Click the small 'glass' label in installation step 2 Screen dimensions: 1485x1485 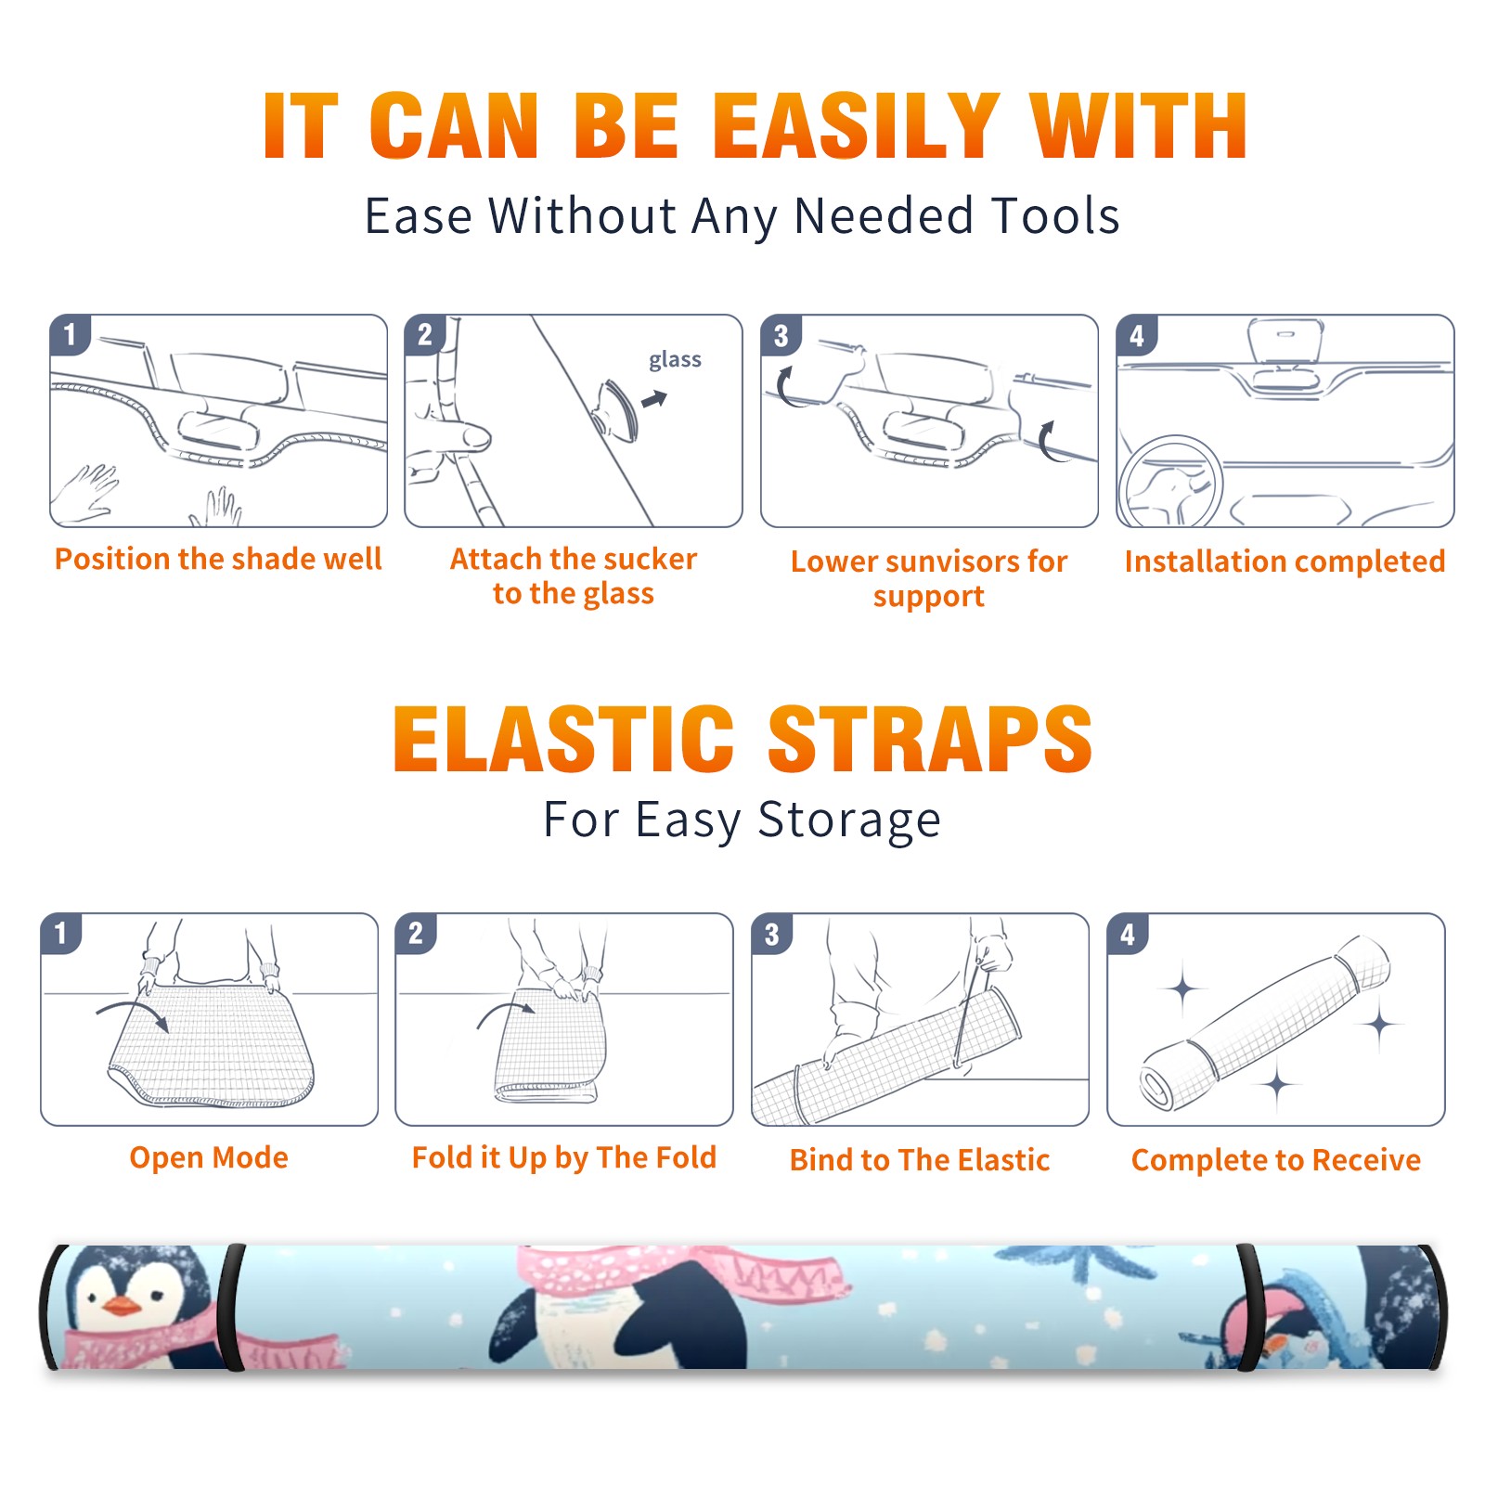pos(675,360)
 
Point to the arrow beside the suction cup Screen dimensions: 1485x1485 pos(654,399)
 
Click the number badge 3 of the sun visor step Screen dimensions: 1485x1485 pos(781,335)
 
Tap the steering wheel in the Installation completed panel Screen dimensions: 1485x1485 pos(1170,482)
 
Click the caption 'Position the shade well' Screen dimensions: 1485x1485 pos(218,559)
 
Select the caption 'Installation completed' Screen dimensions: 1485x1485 pos(1285,562)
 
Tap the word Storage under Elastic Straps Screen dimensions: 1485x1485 pos(849,820)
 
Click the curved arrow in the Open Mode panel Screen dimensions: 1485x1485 pos(133,1014)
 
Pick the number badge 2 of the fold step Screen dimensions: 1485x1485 pos(415,934)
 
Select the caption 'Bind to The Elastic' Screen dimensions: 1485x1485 pos(919,1160)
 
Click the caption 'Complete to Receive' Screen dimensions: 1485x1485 pos(1275,1160)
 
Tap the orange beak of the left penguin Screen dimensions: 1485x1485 pos(122,1307)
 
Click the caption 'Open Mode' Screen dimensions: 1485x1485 pos(209,1158)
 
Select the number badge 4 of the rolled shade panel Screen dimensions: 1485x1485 pos(1128,934)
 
